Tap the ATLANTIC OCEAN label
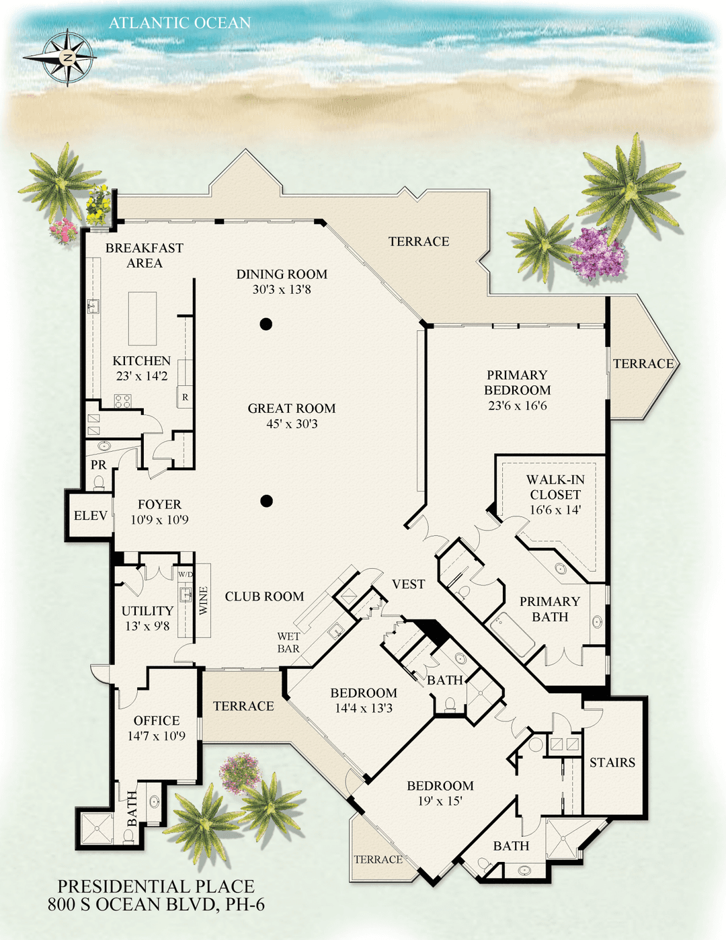(179, 23)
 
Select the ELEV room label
(90, 516)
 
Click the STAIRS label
(612, 762)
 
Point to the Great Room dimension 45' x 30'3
(292, 424)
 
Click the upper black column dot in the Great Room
(266, 323)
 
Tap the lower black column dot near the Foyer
(266, 501)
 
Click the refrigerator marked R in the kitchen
(185, 397)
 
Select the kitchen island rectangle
(143, 319)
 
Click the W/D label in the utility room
(186, 574)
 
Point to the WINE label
(203, 600)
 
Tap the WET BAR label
(288, 642)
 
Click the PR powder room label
(99, 465)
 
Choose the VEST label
(408, 584)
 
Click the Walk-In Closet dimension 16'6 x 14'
(555, 510)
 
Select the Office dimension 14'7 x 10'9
(157, 736)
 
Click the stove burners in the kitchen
(123, 401)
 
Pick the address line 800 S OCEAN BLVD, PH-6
(156, 904)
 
